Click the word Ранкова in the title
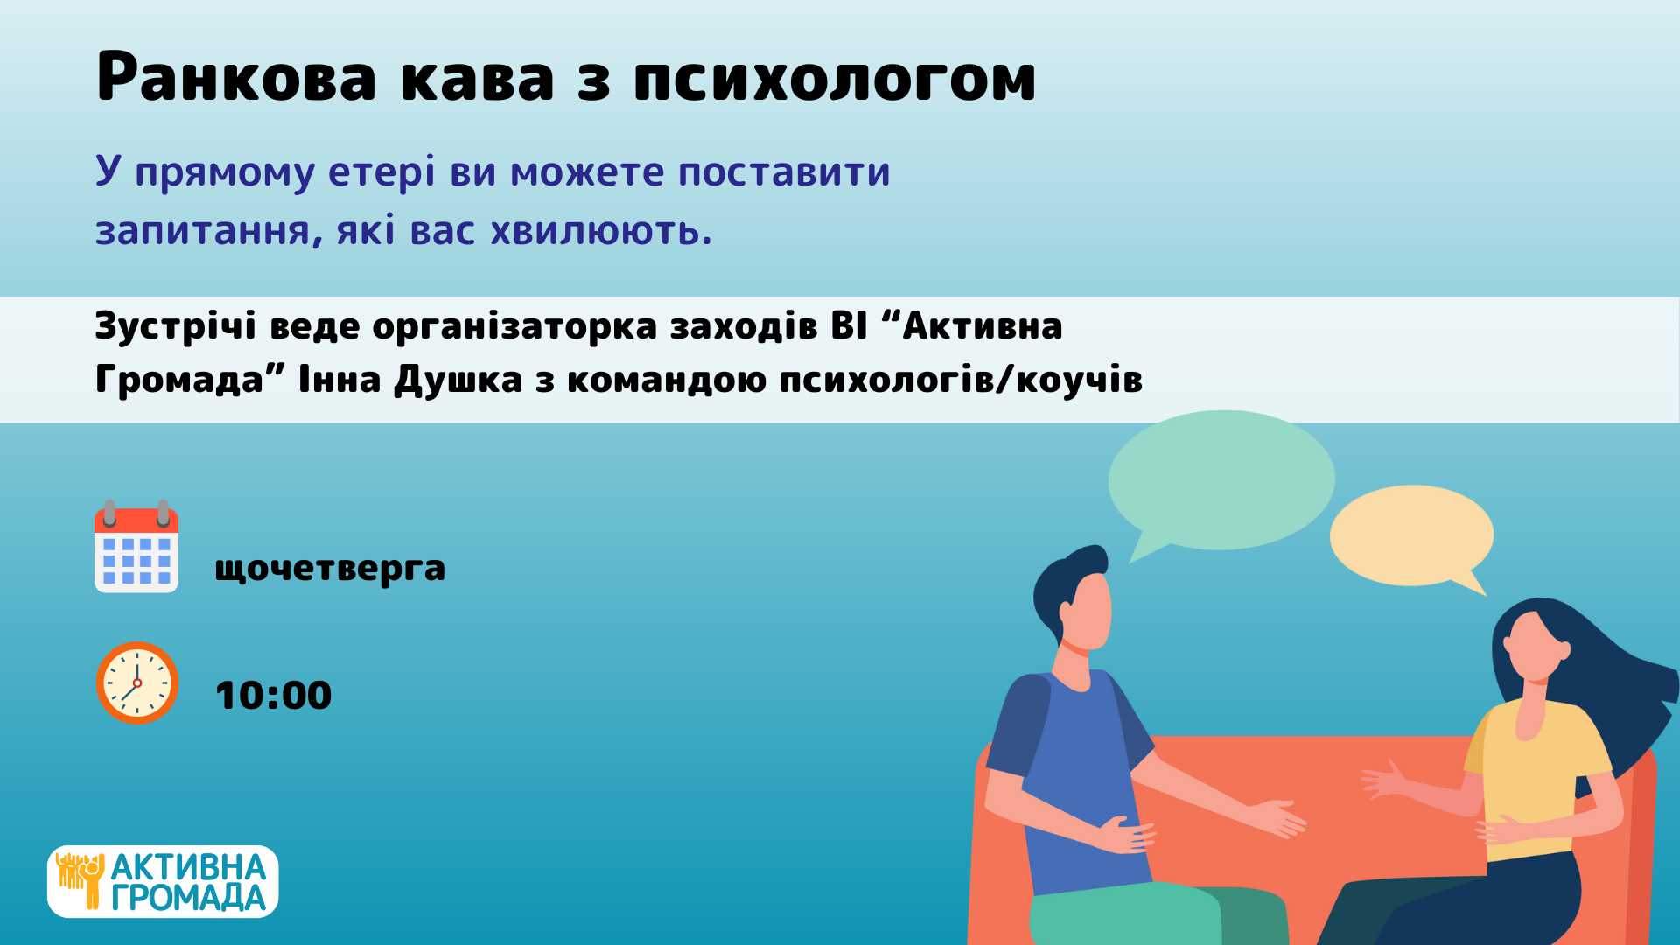(236, 77)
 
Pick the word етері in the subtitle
(381, 172)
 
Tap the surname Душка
(458, 380)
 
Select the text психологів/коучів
(961, 380)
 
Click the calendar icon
(136, 547)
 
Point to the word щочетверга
(330, 570)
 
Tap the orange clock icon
(137, 682)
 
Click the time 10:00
(273, 696)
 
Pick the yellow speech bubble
(1411, 535)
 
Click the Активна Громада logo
(163, 881)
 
